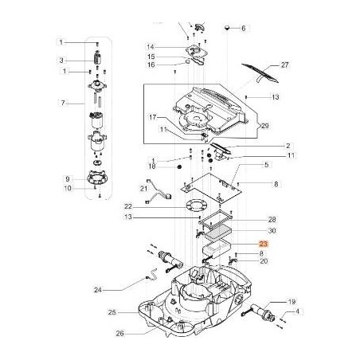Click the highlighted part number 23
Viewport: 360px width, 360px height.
(264, 248)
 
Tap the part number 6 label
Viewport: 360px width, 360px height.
(245, 28)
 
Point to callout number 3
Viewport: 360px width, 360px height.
(61, 61)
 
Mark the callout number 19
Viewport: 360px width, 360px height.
(292, 303)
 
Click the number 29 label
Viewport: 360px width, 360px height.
(264, 127)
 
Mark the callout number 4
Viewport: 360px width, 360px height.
(299, 314)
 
